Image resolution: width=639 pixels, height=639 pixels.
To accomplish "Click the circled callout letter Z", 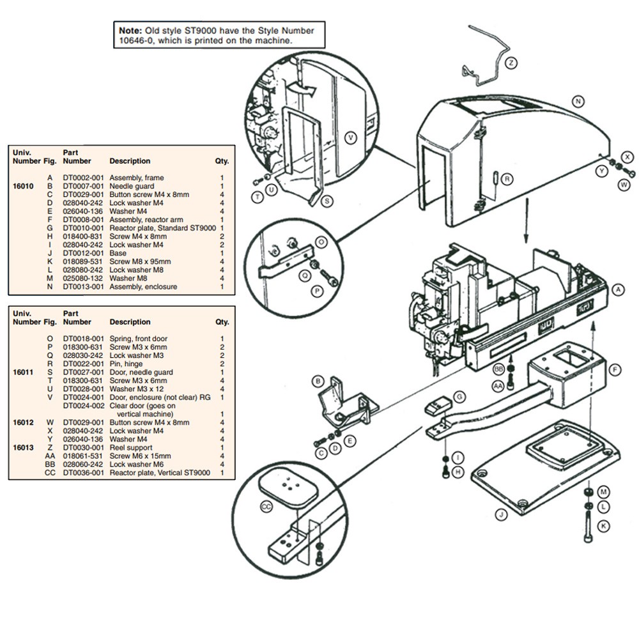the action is tap(511, 63).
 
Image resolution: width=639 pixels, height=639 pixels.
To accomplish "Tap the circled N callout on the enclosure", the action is tap(578, 102).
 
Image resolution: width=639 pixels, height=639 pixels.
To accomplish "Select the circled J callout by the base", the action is tap(501, 514).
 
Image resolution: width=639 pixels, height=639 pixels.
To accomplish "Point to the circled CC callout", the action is tap(266, 507).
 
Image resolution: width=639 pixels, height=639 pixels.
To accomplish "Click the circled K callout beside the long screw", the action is tap(604, 526).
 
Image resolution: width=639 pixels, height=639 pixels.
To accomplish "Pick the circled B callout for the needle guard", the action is tap(318, 382).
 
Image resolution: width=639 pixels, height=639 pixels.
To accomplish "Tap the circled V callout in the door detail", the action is tap(350, 138).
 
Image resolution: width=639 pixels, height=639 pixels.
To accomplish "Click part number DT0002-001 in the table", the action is tap(83, 178).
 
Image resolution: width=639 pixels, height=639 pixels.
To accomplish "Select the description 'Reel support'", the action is tap(131, 447).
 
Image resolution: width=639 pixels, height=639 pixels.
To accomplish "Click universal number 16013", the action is tap(23, 447).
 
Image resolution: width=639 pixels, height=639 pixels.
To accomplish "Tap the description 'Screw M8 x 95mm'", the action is tap(140, 261).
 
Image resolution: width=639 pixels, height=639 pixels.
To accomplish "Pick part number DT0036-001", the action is tap(83, 473).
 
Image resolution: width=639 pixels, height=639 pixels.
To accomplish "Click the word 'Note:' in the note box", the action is tap(130, 31).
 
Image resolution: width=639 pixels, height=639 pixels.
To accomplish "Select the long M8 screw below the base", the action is tap(588, 527).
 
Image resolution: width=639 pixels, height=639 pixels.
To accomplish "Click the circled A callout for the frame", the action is tap(619, 289).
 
